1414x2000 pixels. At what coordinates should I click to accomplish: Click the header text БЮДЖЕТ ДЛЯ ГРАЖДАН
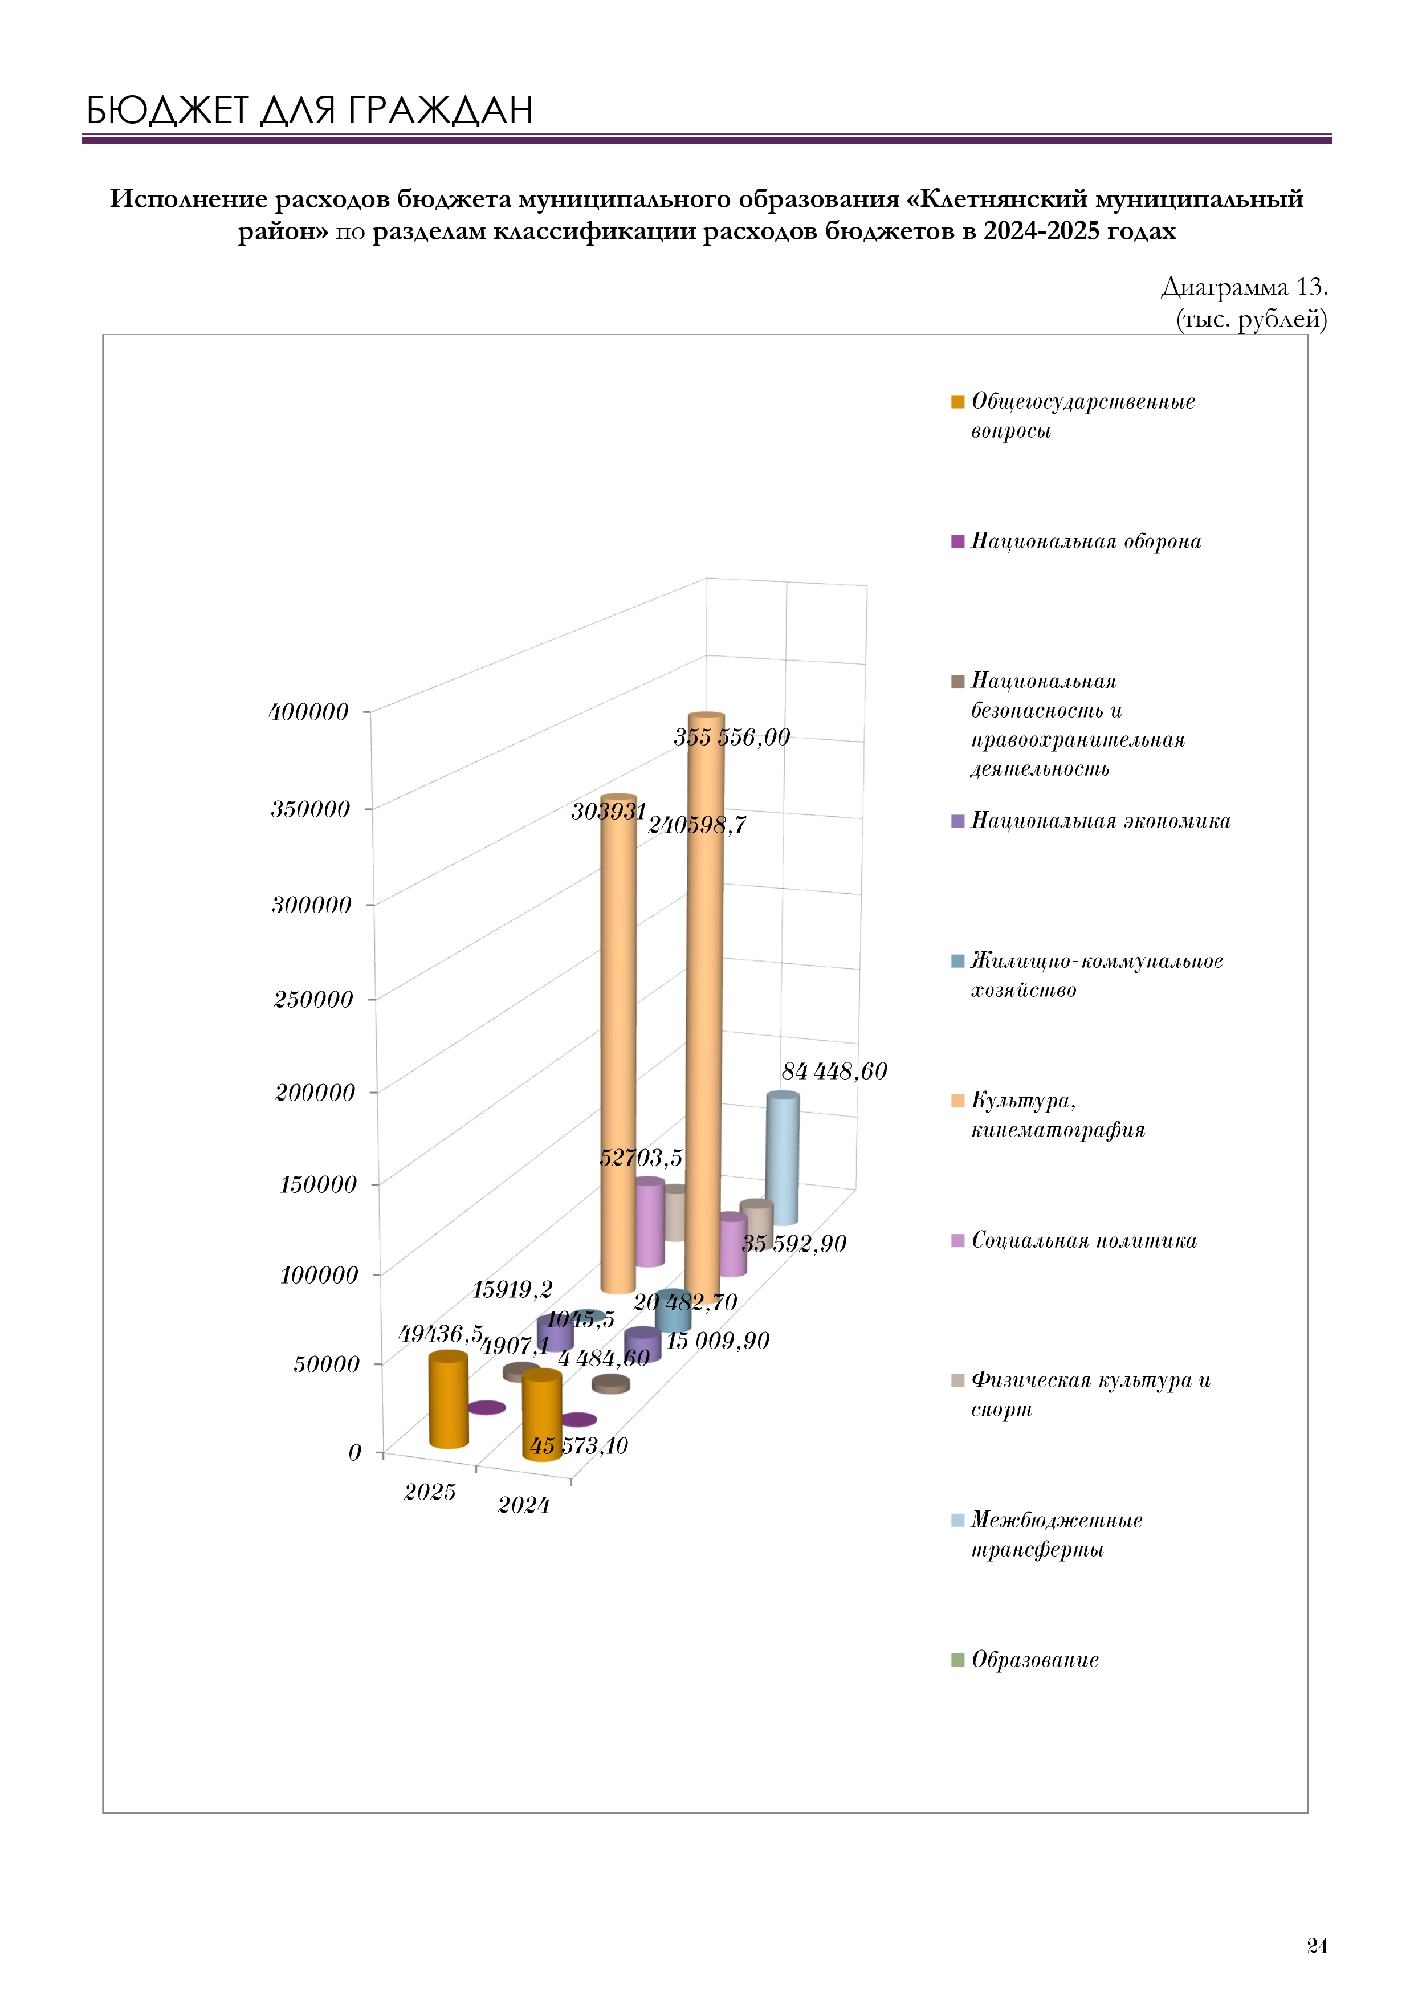pos(309,111)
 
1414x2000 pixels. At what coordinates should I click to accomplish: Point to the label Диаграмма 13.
pos(1244,287)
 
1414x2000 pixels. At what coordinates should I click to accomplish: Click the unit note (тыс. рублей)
pos(1251,320)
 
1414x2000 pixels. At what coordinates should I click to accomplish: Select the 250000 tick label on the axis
pos(313,999)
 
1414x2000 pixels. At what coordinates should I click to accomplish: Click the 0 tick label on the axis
pos(354,1452)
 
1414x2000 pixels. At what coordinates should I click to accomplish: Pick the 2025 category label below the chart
pos(430,1492)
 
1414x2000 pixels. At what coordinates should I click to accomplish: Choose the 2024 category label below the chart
pos(524,1505)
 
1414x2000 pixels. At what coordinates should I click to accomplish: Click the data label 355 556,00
pos(732,737)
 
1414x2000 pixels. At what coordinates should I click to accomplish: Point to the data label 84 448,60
pos(834,1072)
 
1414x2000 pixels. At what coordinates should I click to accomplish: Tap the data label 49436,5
pos(441,1334)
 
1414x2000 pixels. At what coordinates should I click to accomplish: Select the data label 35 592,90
pos(794,1243)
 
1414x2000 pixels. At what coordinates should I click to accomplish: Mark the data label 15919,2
pos(512,1289)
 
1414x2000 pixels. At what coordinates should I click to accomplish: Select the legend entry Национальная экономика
pos(1091,821)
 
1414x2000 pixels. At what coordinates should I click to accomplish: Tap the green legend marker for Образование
pos(957,1660)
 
